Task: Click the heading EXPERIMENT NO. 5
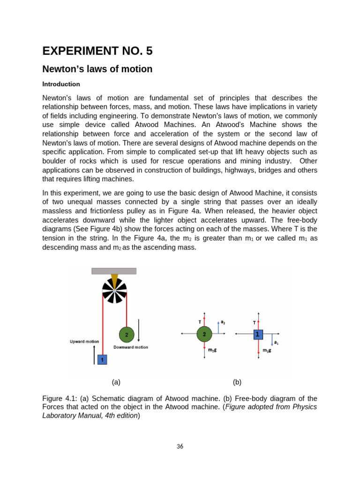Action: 97,51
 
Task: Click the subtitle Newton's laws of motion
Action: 97,69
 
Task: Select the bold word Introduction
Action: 61,84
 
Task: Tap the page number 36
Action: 180,446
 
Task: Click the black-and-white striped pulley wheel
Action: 114,291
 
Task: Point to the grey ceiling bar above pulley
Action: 114,271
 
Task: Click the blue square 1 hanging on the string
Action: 102,360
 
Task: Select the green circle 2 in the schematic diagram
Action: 127,335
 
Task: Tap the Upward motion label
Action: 84,342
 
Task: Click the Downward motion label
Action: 131,347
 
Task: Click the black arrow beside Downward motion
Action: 138,334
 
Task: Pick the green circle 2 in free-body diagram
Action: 204,334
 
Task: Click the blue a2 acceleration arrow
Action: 218,327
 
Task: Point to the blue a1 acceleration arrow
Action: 272,340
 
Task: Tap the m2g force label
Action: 212,350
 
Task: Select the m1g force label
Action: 267,350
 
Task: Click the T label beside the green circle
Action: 200,322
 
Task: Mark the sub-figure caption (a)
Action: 116,382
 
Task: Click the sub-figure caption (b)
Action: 237,382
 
